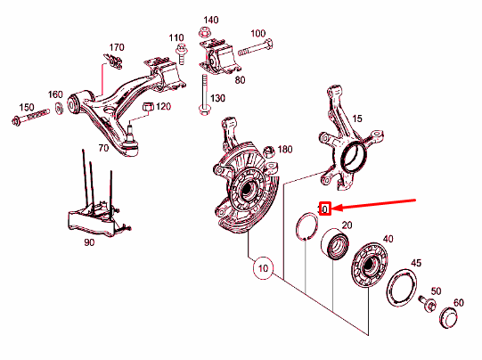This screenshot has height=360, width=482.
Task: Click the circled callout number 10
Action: click(x=263, y=268)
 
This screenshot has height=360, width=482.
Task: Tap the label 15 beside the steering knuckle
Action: click(x=357, y=119)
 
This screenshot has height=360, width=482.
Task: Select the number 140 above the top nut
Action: click(x=211, y=20)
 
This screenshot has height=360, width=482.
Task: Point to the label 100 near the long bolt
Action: click(x=257, y=34)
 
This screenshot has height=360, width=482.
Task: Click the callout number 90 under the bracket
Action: click(x=89, y=242)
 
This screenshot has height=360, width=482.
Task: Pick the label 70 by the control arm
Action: click(x=103, y=148)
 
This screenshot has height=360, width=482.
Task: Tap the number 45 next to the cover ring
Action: click(x=416, y=263)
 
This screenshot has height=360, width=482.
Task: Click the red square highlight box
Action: click(x=325, y=209)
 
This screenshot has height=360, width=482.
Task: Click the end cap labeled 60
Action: click(x=448, y=317)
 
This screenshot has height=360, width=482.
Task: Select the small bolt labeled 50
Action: click(x=427, y=304)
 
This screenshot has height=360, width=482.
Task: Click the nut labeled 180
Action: click(x=269, y=151)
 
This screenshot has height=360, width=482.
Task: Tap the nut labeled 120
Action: click(x=148, y=107)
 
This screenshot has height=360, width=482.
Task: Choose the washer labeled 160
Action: click(x=59, y=109)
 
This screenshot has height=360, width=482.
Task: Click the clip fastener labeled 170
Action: click(x=113, y=61)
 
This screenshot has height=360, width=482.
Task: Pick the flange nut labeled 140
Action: click(x=203, y=32)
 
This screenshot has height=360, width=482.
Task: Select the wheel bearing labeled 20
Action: click(x=335, y=244)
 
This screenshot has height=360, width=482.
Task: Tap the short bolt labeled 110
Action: click(x=182, y=54)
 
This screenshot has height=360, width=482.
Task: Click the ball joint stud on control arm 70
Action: click(x=130, y=131)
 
